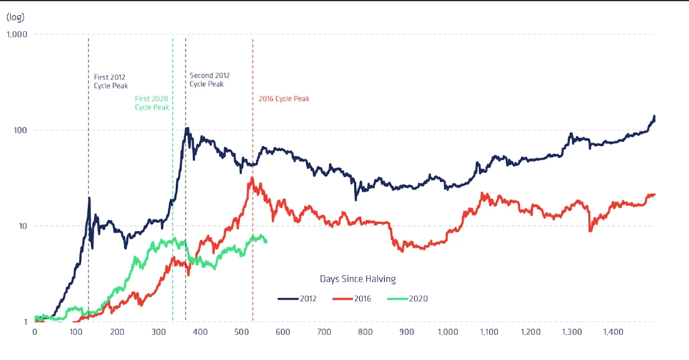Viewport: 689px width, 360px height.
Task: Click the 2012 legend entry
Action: (x=296, y=299)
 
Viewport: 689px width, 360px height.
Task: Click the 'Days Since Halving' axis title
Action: (x=357, y=279)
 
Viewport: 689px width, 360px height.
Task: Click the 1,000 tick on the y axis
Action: (x=16, y=34)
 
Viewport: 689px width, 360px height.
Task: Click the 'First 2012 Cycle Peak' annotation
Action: (x=111, y=82)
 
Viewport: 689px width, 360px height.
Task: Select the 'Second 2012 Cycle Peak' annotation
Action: (x=210, y=79)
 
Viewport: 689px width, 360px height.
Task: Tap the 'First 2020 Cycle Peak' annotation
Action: (x=151, y=103)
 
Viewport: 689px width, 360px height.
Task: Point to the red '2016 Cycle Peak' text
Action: (x=284, y=98)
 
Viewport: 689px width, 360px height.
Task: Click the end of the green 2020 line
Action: (x=266, y=241)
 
